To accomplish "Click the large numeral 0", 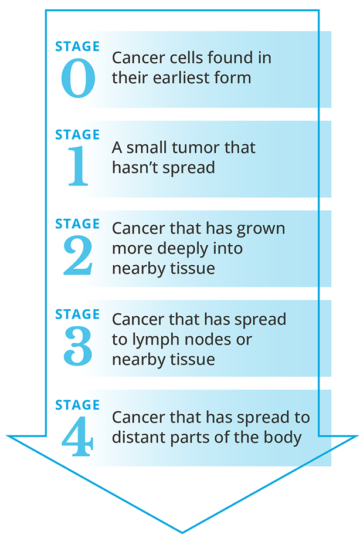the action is click(78, 78).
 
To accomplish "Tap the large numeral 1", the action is click(78, 165).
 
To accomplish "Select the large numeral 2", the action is click(78, 255).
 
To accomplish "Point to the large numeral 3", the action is click(78, 346).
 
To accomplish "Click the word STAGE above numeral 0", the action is click(77, 46).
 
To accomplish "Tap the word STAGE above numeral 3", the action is click(77, 314).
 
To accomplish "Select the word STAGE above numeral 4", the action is click(77, 405).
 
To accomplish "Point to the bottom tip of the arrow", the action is click(182, 533).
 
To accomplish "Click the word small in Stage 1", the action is click(147, 147).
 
